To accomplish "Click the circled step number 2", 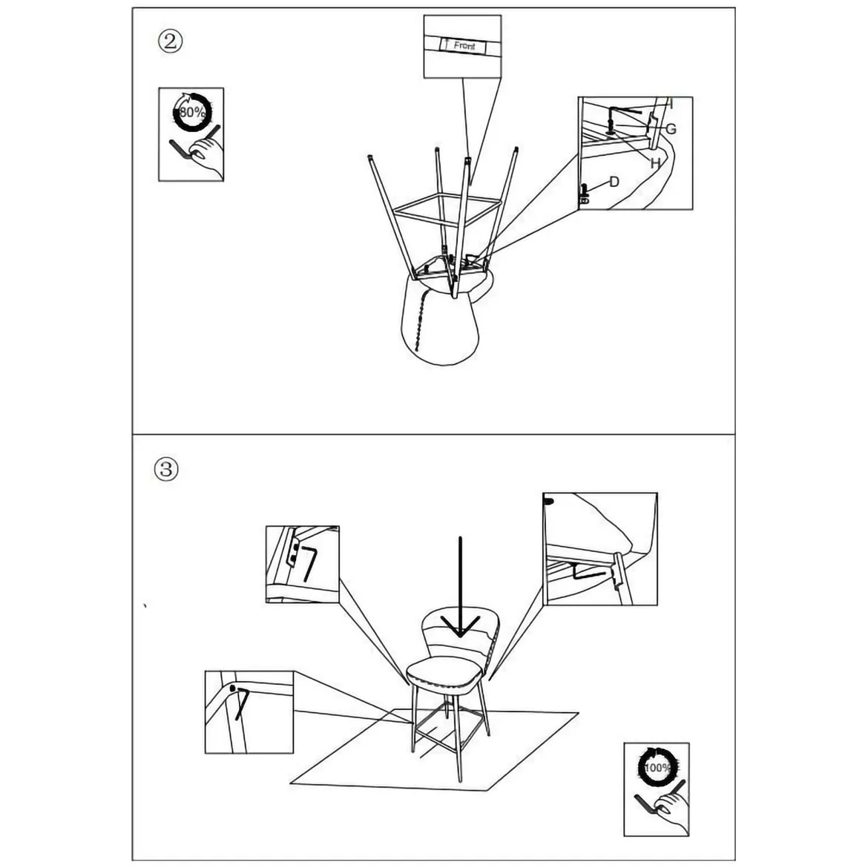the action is coord(170,42).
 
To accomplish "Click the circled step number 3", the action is coord(166,470).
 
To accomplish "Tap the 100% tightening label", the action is coord(657,768).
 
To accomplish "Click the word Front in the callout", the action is coord(464,46).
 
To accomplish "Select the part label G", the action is coord(671,129).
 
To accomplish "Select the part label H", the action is coord(655,163).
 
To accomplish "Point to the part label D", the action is coord(614,182).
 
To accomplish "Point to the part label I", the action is coord(671,104).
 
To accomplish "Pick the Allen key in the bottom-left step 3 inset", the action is coord(241,703).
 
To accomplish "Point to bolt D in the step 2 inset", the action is coord(583,194).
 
